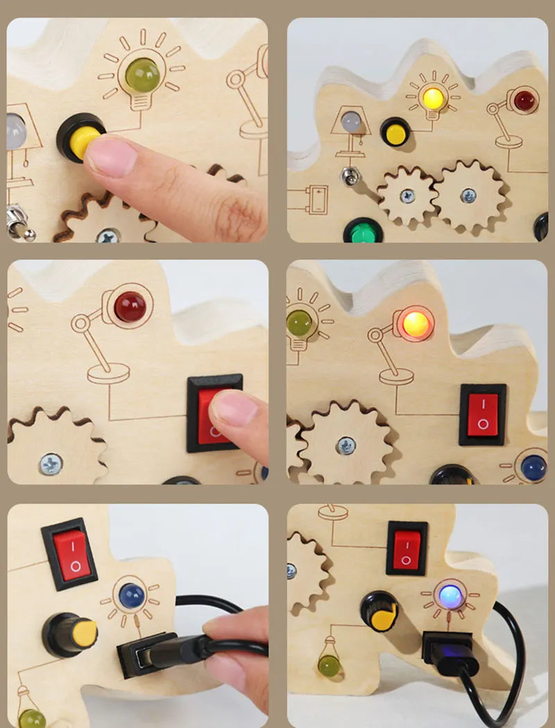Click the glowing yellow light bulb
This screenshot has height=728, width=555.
(x=434, y=98)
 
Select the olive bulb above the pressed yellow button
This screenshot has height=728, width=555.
(x=142, y=74)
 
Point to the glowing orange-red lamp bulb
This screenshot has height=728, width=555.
(x=415, y=324)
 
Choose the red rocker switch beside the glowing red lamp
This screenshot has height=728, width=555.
(x=482, y=415)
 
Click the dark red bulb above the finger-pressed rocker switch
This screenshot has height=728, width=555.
(x=130, y=306)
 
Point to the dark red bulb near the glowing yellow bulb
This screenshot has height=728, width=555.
(x=524, y=101)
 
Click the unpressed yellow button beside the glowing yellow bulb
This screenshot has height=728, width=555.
(x=395, y=132)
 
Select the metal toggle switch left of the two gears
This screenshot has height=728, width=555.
(x=351, y=176)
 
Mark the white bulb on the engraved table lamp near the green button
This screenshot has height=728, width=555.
(x=352, y=121)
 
